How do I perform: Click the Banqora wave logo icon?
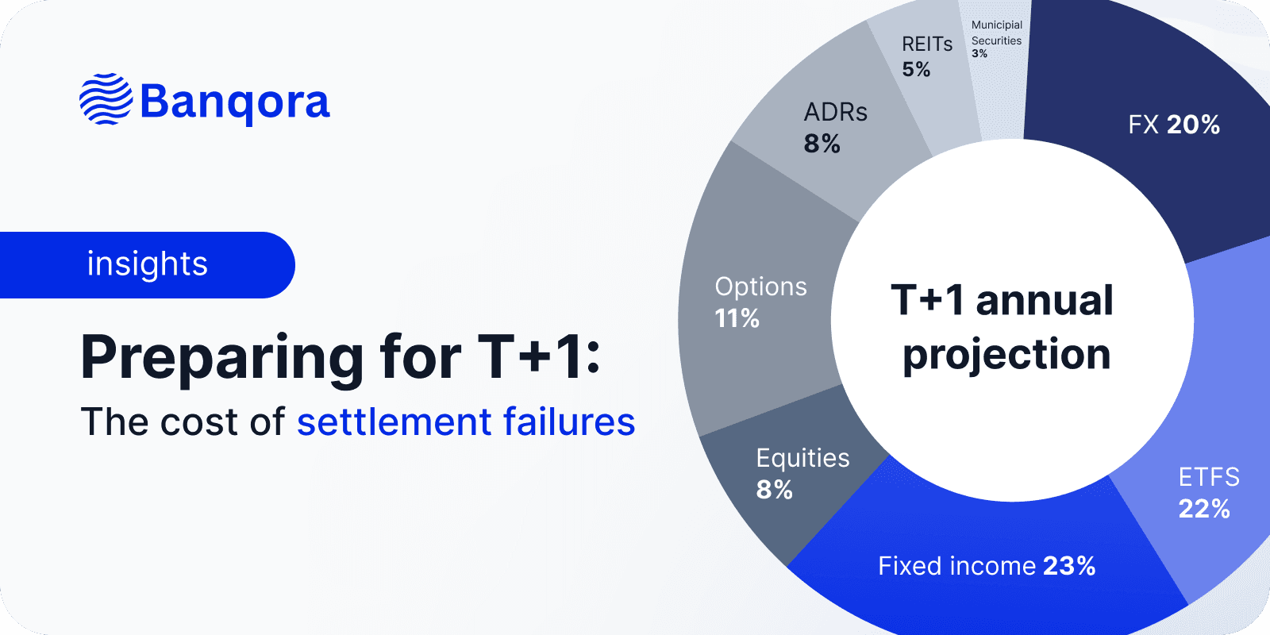[106, 100]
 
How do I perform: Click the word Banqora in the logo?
[235, 102]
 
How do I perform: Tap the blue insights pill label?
[147, 264]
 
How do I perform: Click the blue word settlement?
[394, 422]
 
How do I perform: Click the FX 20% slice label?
[1174, 125]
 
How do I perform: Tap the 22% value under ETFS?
[1203, 509]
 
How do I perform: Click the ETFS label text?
[1208, 477]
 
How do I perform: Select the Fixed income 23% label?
[987, 566]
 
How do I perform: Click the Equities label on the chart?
[802, 458]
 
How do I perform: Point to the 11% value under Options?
[737, 319]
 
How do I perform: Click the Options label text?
[760, 287]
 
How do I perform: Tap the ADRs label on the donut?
[835, 113]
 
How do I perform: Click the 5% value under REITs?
[915, 70]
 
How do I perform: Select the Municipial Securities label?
[996, 33]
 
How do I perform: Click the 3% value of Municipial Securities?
[979, 54]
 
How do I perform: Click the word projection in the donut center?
[1006, 355]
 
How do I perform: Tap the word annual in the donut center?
[1044, 301]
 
